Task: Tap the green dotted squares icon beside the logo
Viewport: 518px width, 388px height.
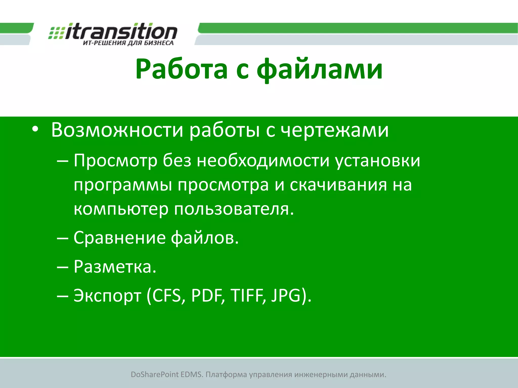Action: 56,33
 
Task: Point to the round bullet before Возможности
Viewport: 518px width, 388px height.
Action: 35,129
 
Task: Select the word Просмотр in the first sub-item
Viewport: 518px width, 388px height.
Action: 115,161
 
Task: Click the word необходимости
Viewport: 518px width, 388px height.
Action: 263,160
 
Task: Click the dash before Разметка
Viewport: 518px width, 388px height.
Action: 62,267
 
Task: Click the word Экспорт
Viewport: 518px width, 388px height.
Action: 107,296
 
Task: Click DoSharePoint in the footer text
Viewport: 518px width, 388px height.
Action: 155,374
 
